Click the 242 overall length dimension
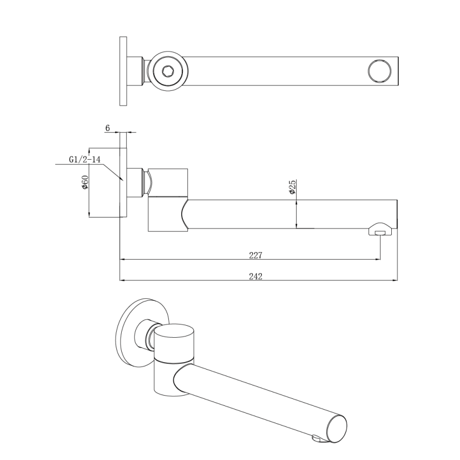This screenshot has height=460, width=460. (x=255, y=276)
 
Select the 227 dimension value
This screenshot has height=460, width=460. (x=256, y=254)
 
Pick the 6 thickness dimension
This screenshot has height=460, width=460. (x=108, y=128)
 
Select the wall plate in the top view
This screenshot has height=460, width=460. (x=123, y=71)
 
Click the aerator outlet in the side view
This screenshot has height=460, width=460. (x=381, y=231)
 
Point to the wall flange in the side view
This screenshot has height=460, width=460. (x=123, y=182)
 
